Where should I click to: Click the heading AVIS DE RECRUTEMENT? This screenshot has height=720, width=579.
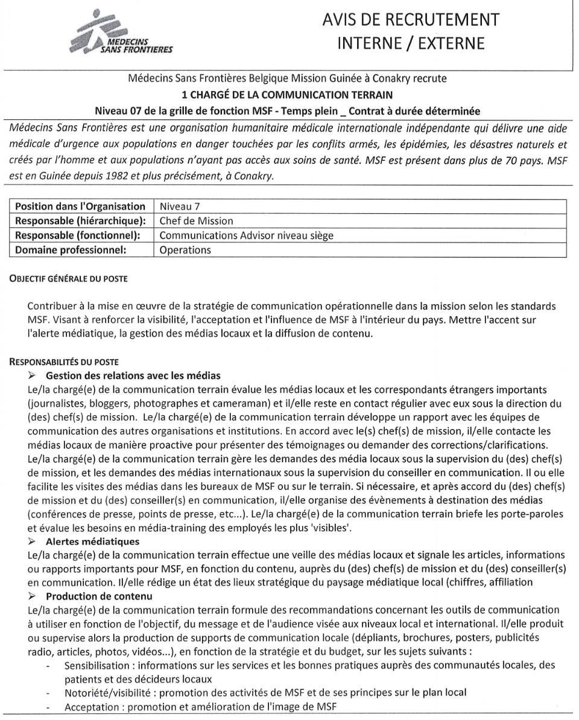(x=411, y=19)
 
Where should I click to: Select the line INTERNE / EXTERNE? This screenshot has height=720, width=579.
(x=411, y=43)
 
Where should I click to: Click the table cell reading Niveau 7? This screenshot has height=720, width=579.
(x=179, y=206)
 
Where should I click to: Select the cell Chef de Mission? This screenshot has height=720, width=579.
(x=196, y=221)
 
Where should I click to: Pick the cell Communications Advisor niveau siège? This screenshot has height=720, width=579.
(x=246, y=235)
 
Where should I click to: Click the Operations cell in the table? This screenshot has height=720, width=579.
(x=185, y=249)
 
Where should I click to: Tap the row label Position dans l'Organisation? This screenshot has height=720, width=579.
(x=80, y=206)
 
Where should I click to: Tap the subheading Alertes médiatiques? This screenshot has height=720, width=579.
(x=101, y=542)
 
